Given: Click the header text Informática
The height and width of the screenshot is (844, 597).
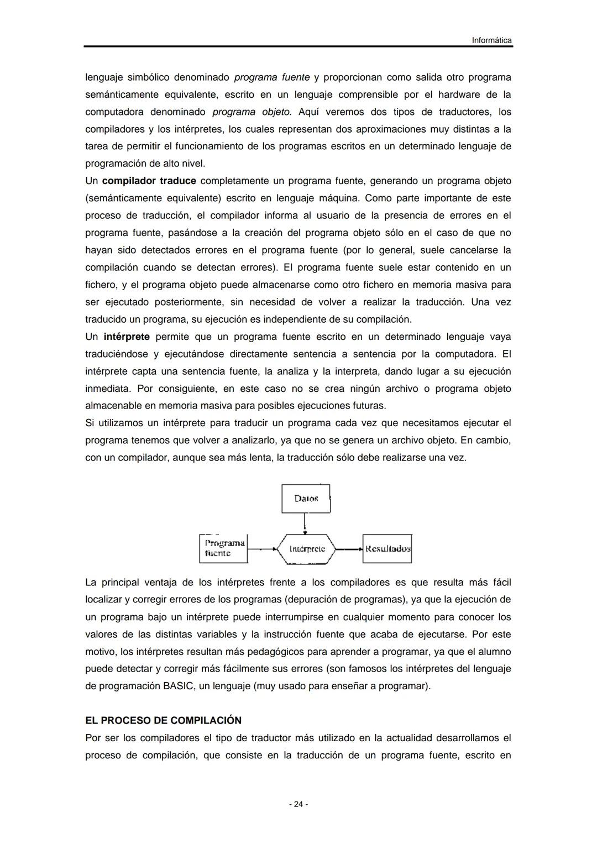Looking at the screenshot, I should (x=491, y=40).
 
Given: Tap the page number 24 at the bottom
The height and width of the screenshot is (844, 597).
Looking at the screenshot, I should (x=298, y=804).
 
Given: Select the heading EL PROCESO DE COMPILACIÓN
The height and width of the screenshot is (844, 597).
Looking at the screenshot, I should (x=163, y=720).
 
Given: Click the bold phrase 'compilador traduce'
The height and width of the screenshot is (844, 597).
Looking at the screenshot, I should (x=149, y=181).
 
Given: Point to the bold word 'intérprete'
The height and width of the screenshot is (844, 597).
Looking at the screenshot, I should (x=126, y=337).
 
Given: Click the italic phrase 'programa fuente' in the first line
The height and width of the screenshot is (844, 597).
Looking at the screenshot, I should (x=271, y=77).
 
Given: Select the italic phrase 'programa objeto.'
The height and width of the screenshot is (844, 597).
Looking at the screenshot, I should (x=252, y=112).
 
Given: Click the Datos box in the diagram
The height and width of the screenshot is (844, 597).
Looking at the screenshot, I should (x=306, y=499).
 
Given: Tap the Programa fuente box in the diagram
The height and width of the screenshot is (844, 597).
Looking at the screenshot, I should (x=223, y=548).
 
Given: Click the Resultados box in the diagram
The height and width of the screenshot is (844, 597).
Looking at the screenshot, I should (x=387, y=549).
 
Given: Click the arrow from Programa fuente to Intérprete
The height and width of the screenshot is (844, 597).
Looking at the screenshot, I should (x=262, y=549).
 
